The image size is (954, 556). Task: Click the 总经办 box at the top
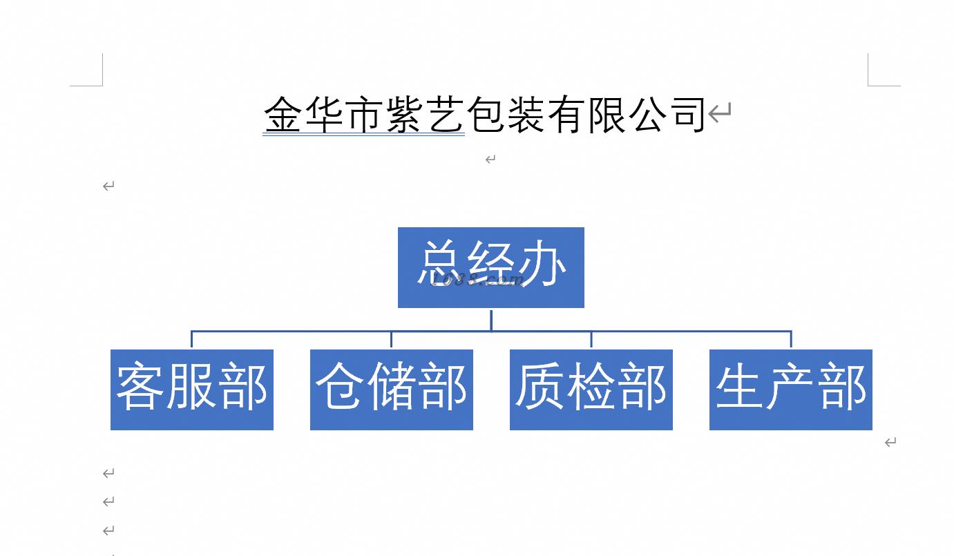coord(490,267)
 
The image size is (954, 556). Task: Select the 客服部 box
coord(191,390)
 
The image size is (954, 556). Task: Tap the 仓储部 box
coord(391,390)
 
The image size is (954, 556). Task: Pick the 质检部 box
coord(591,390)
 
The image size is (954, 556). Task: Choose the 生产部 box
coord(790,390)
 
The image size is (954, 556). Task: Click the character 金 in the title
coord(284,115)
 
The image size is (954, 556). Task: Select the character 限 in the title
coord(607,115)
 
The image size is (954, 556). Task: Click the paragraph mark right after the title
coord(720,113)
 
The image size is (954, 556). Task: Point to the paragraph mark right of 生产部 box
coord(890,442)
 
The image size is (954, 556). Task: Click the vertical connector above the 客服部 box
coord(192,340)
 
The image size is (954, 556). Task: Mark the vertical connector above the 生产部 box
coord(791,340)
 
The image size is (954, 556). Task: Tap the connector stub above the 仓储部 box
coord(392,340)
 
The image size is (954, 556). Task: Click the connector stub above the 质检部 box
coord(591,340)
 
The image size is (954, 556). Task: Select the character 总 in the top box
coord(441,264)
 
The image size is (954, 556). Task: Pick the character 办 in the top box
coord(543,264)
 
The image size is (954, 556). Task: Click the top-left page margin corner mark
coord(100,84)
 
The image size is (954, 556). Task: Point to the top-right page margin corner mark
coord(870,84)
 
